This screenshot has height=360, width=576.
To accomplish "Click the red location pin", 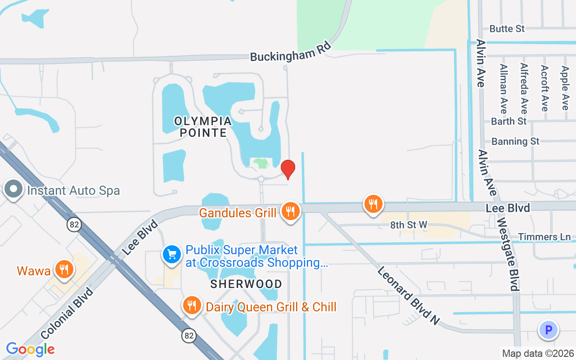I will [288, 169].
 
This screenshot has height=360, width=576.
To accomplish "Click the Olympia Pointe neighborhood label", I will [203, 127].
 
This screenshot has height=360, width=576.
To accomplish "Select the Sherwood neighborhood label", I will [246, 284].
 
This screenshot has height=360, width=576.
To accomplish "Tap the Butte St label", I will [507, 29].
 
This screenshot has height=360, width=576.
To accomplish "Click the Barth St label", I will [508, 121].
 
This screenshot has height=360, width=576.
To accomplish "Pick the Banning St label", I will [515, 141].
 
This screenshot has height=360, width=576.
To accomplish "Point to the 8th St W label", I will [408, 225].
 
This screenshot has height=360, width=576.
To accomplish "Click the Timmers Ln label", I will [544, 237].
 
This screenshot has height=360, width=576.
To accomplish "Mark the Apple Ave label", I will [565, 88].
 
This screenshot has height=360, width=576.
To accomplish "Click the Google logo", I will [30, 349].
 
